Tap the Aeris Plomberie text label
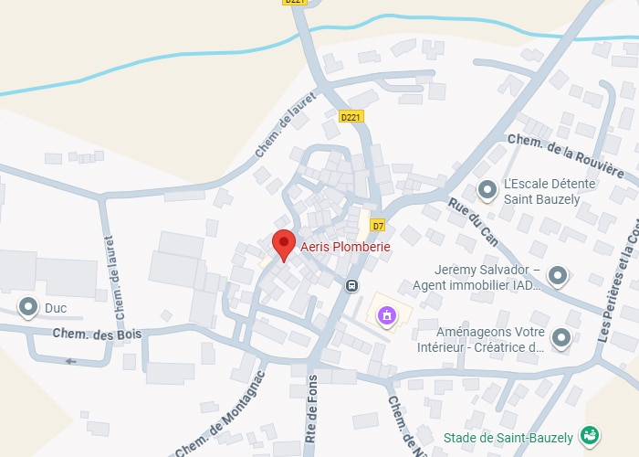[345, 247]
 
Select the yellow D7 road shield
[378, 226]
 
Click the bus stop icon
[351, 285]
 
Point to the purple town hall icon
[388, 316]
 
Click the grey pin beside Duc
[29, 307]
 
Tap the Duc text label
[56, 308]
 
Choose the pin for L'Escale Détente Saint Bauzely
[487, 190]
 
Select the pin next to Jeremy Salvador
[558, 274]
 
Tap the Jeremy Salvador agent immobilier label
[477, 278]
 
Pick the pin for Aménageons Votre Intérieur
[561, 339]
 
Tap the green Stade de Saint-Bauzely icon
[590, 438]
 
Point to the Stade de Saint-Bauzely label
[508, 439]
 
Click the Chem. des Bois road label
[97, 335]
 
